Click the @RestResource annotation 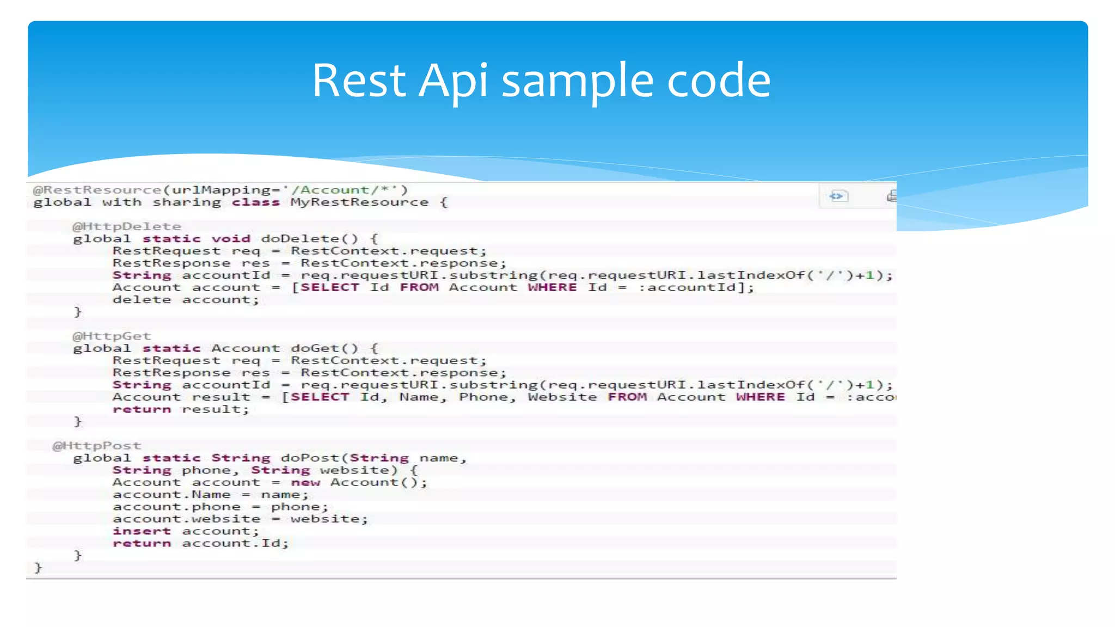97,190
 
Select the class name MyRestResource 359,202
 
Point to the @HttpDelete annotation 126,226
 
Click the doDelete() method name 309,239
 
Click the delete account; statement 186,300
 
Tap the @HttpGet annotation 111,336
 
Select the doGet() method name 324,348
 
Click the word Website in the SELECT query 562,397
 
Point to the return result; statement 181,409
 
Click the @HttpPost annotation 96,446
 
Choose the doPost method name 310,458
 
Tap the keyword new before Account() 305,483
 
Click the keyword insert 142,531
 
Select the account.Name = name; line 210,495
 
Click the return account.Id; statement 200,543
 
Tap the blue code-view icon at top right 838,196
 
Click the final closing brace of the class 38,568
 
